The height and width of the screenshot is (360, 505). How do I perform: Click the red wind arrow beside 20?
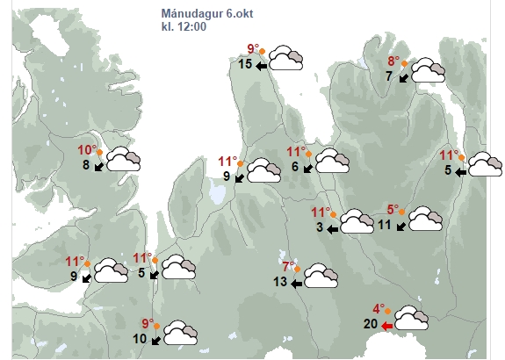[386, 326]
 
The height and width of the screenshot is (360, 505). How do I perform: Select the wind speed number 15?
[245, 64]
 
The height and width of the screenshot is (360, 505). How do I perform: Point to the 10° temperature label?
[87, 150]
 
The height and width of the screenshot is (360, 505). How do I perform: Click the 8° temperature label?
[393, 61]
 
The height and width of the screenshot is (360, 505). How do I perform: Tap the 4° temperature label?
[379, 309]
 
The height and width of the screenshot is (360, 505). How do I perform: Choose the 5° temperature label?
[393, 210]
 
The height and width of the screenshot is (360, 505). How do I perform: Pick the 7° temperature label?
[289, 267]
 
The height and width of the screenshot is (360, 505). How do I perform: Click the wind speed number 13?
[280, 282]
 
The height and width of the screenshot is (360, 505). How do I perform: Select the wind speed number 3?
[320, 227]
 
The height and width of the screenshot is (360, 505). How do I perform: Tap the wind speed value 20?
[371, 324]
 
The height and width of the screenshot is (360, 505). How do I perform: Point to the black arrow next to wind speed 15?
[262, 67]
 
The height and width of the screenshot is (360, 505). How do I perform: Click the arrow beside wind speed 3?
[332, 229]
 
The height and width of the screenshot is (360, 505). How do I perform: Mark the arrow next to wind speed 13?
[296, 284]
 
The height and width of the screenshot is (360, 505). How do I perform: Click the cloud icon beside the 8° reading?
[428, 70]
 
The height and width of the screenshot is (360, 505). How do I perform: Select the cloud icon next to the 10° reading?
[123, 159]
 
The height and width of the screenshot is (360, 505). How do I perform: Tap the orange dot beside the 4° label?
[388, 311]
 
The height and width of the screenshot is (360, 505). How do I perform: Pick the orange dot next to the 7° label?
[297, 269]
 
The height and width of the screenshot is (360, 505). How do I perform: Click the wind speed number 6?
[295, 167]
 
